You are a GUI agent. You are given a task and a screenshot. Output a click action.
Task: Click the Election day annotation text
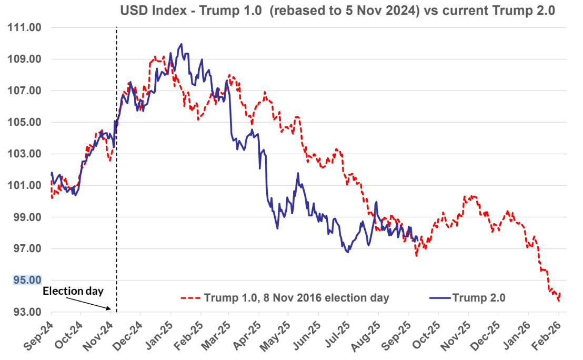[73, 291]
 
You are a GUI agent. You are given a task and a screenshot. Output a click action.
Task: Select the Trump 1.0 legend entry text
[296, 298]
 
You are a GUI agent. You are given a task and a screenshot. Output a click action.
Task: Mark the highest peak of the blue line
[181, 44]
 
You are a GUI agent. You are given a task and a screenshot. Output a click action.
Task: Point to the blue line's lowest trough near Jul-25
[347, 252]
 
